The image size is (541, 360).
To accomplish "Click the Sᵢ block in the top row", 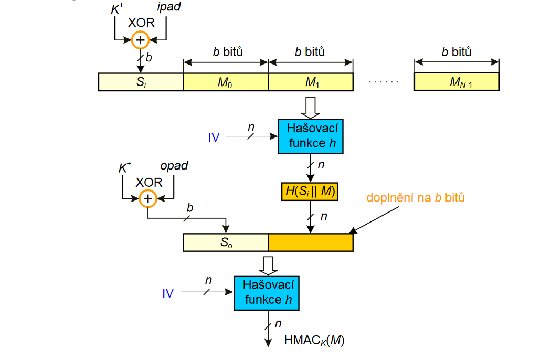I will pos(141,82).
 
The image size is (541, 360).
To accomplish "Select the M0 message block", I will pos(226,82).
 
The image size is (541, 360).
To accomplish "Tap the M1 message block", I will pos(311,82).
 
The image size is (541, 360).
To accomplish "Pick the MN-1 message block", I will pos(457,82).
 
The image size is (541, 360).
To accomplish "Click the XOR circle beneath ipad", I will pos(140,40).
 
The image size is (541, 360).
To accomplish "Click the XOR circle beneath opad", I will pos(148,198).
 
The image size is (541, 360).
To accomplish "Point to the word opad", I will pos(174,166).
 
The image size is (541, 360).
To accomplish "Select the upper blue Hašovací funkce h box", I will pos(311,136).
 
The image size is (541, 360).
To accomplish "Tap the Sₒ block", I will pos(226,242).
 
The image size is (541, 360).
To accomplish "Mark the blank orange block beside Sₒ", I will pos(311,242).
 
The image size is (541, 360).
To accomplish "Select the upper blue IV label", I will pos(214,137).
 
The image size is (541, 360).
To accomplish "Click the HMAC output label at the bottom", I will pos(314,340).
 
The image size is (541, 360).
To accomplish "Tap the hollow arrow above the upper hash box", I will pos(311,108).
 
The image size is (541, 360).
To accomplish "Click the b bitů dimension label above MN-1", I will pos(457,52).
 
